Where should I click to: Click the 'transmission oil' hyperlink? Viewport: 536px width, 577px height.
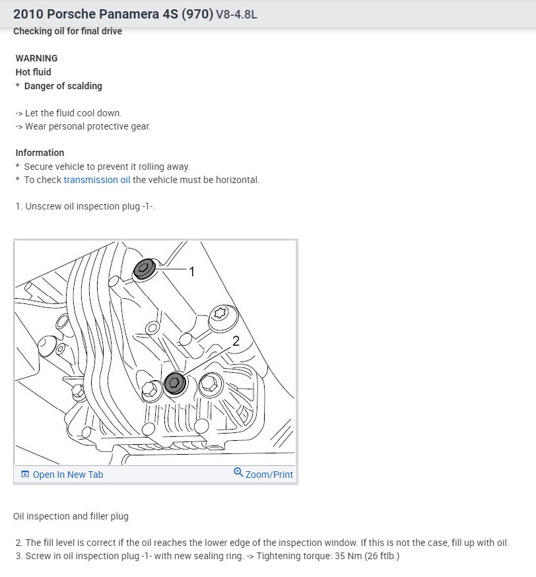tap(97, 180)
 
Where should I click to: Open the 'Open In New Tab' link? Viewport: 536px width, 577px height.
tap(67, 475)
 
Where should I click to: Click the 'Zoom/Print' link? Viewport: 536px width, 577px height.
tap(269, 475)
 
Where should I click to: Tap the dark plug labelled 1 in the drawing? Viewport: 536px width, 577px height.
tap(144, 268)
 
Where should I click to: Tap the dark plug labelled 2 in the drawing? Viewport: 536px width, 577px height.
tap(175, 383)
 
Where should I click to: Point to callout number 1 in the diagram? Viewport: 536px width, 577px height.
tap(192, 272)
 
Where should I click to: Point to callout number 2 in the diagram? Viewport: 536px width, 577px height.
tap(236, 341)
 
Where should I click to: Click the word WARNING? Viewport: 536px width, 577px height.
tap(36, 58)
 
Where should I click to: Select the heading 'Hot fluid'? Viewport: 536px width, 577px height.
tap(33, 72)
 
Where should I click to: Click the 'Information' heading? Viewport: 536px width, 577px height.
tap(40, 153)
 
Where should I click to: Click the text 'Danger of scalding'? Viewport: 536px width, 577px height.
tap(63, 86)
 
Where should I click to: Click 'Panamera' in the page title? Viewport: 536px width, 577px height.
tap(119, 14)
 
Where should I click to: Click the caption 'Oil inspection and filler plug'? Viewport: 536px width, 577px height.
tap(71, 516)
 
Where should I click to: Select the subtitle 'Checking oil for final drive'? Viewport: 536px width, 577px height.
tap(67, 31)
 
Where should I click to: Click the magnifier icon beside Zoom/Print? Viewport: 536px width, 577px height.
tap(238, 473)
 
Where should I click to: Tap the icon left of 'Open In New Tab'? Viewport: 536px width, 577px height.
tap(25, 475)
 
